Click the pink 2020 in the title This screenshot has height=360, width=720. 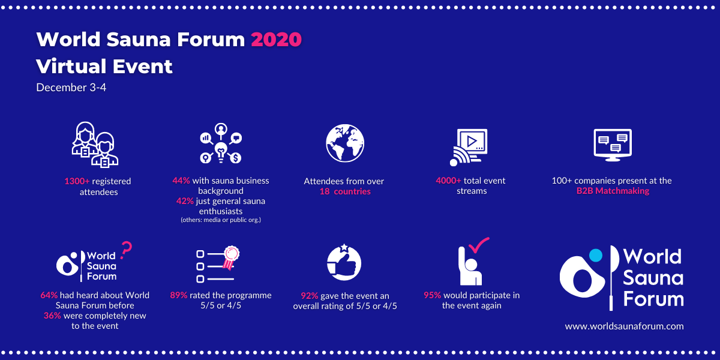tap(276, 40)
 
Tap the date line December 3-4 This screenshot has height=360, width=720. tap(71, 88)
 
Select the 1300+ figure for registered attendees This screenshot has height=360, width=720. tap(77, 181)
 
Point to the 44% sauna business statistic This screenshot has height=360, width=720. tap(181, 181)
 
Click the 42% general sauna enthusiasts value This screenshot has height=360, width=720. tap(185, 201)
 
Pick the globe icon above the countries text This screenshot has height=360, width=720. tap(345, 143)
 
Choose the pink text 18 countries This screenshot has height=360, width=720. tap(345, 191)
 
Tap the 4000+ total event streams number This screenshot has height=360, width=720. tap(448, 181)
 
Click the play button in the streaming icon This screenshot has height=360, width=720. tap(472, 142)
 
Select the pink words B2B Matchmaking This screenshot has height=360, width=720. tap(613, 191)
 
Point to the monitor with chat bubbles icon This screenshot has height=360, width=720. tap(613, 145)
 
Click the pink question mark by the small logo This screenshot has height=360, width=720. tap(126, 250)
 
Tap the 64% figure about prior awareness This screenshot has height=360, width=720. tap(49, 295)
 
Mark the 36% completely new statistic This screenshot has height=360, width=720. tap(52, 316)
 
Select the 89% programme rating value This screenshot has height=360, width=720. tap(179, 295)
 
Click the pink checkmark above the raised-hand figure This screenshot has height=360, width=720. tap(479, 245)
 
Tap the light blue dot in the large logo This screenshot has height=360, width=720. tap(596, 256)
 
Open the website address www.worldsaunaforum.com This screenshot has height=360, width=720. tap(624, 326)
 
